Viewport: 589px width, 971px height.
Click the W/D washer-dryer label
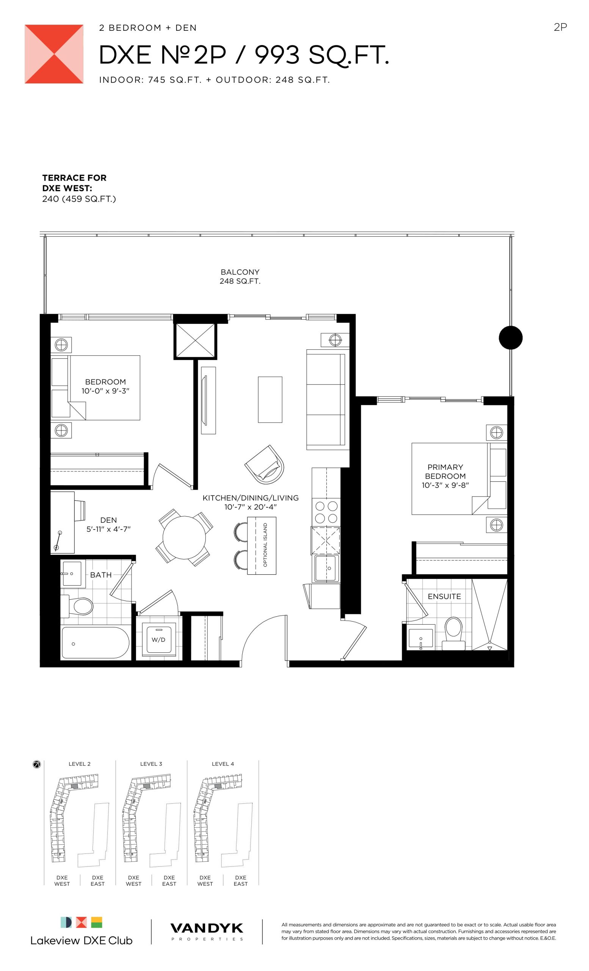point(158,639)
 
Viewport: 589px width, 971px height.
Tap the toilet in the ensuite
point(453,633)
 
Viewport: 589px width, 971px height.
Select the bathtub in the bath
point(95,643)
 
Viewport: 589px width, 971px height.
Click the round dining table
point(184,537)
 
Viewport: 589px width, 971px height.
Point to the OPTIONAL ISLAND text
point(265,545)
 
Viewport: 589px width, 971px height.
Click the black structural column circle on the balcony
point(510,337)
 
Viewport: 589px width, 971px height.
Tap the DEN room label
point(108,520)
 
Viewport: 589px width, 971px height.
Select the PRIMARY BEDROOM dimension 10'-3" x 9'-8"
point(445,485)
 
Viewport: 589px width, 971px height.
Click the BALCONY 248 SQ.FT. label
point(240,276)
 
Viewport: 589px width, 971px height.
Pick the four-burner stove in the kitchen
point(326,512)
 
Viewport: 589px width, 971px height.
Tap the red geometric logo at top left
point(54,54)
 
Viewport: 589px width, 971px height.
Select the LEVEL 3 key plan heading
point(151,764)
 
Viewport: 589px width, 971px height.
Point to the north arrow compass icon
point(37,765)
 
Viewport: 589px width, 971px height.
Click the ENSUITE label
point(444,596)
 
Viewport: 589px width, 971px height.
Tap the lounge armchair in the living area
point(264,465)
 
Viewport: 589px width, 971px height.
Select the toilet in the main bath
point(78,606)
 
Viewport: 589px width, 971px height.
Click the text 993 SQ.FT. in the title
point(322,55)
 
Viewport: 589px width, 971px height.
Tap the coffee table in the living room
point(270,400)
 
